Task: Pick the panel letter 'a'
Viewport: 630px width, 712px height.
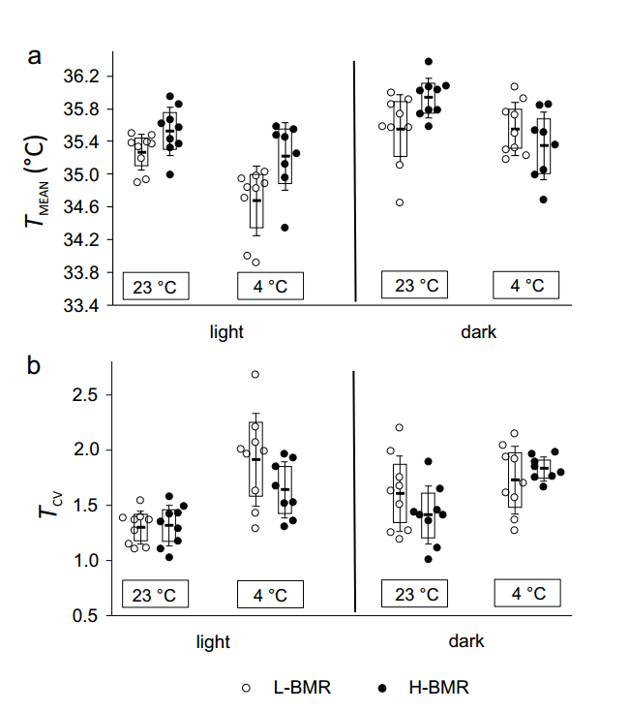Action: (x=34, y=56)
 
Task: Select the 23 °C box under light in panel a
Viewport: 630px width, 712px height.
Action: (x=156, y=287)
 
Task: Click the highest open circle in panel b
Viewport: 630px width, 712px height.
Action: (x=255, y=374)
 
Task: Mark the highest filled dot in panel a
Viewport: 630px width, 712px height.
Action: (x=429, y=62)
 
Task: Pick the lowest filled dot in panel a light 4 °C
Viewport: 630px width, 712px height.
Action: (x=285, y=228)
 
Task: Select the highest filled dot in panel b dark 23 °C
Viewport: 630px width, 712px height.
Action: (x=427, y=462)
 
